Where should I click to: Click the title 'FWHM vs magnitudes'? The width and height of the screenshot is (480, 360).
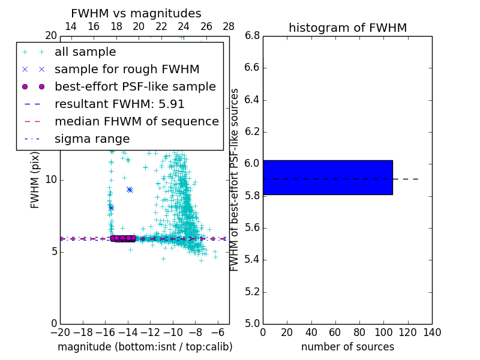(136, 13)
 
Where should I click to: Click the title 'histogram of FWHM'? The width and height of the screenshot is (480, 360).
(347, 28)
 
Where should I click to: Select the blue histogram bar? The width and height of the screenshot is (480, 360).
(328, 178)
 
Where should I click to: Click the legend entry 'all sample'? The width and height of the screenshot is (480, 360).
(85, 52)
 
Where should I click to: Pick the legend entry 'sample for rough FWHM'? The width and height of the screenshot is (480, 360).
(127, 70)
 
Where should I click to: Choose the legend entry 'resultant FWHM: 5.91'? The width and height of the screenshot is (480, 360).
(119, 104)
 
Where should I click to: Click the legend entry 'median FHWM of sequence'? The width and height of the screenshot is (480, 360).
(136, 122)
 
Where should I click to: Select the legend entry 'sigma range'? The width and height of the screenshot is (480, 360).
(92, 139)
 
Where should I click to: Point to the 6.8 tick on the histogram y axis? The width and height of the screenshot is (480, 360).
(252, 36)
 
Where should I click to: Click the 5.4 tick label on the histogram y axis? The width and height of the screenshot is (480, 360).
(252, 260)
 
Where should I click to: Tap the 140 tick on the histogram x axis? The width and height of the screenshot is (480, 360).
(432, 332)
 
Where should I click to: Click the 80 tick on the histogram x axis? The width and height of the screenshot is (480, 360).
(359, 332)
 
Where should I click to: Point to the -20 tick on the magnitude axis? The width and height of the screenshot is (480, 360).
(60, 332)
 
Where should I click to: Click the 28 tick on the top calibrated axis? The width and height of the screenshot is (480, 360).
(229, 26)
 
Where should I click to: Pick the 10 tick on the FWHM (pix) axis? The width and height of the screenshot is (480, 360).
(51, 180)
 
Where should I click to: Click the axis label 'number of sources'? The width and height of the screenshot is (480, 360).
(347, 347)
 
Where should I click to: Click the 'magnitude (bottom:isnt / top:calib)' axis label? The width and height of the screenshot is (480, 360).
(145, 347)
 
